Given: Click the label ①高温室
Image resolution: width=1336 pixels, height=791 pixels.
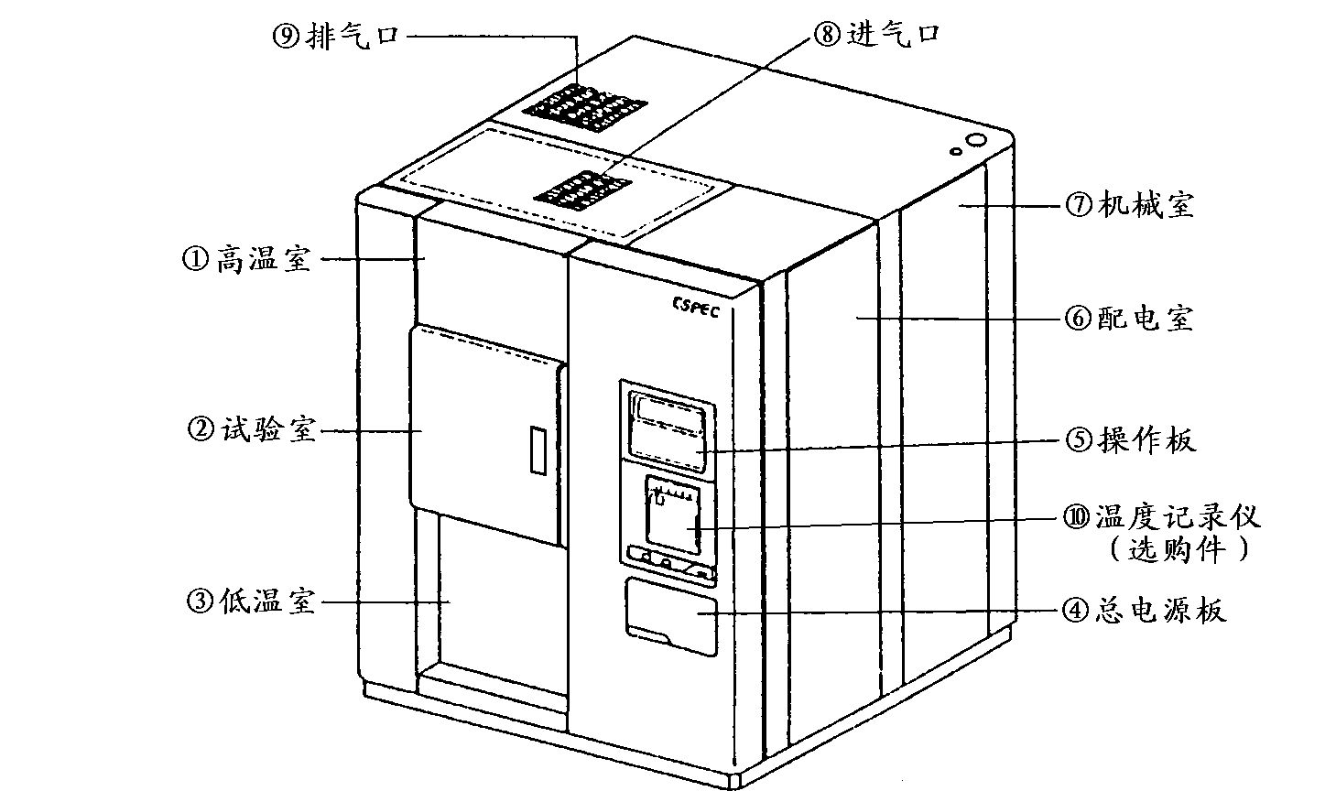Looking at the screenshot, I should (x=247, y=260).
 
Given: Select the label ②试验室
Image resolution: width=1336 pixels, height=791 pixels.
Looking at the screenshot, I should (x=250, y=428).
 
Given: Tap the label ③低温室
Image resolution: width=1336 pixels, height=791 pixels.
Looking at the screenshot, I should (x=250, y=601).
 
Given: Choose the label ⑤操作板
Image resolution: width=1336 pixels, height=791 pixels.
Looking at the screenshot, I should (x=1130, y=440).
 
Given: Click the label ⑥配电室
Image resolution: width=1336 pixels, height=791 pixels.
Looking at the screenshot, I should (x=1128, y=319).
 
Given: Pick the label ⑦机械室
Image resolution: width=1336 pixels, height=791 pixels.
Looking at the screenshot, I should (x=1129, y=206).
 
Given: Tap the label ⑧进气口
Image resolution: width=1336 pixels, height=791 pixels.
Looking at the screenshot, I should (x=875, y=35).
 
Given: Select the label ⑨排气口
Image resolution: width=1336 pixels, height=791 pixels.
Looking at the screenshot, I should (x=336, y=38).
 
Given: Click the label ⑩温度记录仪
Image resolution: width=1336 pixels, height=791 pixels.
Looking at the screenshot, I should (x=1161, y=517).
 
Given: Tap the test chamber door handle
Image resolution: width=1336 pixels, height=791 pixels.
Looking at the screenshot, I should (x=537, y=450).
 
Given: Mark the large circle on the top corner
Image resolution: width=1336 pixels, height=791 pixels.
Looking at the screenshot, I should (x=976, y=143).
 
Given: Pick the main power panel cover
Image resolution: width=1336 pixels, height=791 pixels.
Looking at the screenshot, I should (x=671, y=616).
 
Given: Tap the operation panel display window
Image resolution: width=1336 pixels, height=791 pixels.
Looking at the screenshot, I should (x=668, y=426).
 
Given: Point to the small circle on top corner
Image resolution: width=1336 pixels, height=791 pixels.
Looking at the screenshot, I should (x=954, y=150).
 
